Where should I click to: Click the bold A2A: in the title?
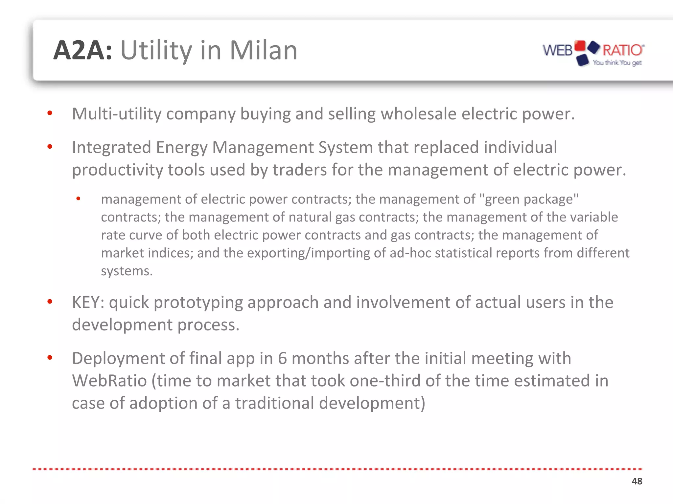pos(83,51)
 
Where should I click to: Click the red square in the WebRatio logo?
pos(580,46)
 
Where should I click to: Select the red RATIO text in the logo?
pos(623,50)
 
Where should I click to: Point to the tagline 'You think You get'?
pos(617,62)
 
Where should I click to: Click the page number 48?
pos(637,481)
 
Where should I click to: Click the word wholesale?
pos(418,114)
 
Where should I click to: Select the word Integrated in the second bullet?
pos(111,147)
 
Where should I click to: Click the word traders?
pos(299,170)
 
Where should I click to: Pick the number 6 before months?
pos(282,358)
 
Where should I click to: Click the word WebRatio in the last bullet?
pos(109,381)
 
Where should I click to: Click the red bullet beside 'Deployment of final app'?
pos(50,357)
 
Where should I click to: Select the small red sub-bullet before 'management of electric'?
pos(78,199)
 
